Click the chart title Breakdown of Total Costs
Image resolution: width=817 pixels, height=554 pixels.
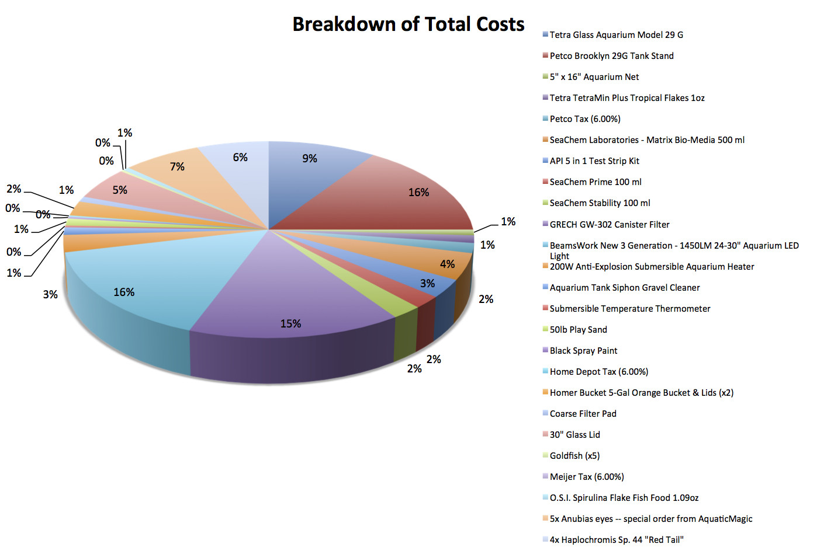click(x=408, y=24)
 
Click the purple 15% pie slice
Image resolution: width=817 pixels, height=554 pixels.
click(x=292, y=292)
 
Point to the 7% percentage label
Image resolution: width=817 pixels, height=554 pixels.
click(x=177, y=167)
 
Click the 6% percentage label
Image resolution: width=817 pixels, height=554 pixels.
click(x=240, y=158)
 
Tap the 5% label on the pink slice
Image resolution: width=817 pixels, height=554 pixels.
click(x=120, y=190)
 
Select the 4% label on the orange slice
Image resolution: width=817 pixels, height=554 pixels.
click(x=447, y=264)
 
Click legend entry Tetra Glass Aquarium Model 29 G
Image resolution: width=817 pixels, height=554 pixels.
click(x=616, y=35)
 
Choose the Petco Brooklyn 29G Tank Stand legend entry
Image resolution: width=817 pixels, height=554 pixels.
click(x=611, y=56)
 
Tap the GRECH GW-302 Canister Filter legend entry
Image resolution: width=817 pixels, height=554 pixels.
click(x=610, y=225)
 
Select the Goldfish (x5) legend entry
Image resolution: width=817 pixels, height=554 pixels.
click(x=574, y=456)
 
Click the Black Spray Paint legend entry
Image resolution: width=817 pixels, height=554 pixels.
click(x=583, y=351)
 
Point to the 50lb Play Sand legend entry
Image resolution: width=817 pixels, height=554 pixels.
click(x=578, y=330)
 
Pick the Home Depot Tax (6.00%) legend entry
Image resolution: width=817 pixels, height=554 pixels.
click(x=598, y=372)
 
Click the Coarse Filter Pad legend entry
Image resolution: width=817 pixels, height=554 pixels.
click(x=583, y=414)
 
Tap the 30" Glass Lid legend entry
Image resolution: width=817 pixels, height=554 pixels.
click(x=574, y=435)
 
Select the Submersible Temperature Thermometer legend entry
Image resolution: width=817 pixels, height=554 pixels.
click(x=630, y=309)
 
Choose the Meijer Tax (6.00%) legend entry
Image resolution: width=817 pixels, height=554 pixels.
click(x=587, y=477)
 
